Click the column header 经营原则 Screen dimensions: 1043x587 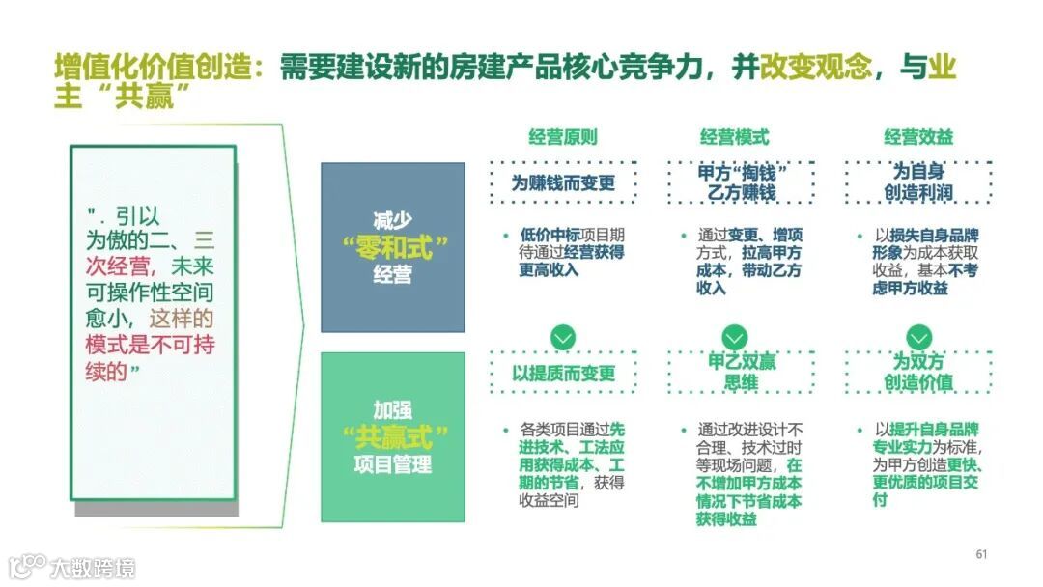(x=562, y=137)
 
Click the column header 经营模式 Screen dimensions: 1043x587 (x=735, y=137)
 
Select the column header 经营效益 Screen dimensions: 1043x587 (x=918, y=137)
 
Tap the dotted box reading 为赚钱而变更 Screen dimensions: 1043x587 (x=563, y=182)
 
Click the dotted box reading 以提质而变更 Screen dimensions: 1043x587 (x=563, y=373)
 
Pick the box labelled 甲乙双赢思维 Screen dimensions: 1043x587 (x=735, y=373)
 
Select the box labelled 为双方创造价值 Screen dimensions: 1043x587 (x=918, y=373)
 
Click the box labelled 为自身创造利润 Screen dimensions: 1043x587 (x=918, y=182)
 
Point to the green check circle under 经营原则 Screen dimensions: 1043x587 (x=562, y=337)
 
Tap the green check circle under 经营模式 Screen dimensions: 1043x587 (x=735, y=337)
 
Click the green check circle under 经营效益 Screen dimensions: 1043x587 (x=918, y=337)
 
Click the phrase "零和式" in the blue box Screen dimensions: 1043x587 (x=394, y=247)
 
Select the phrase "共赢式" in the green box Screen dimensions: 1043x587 (x=394, y=436)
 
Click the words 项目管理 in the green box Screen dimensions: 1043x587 (x=394, y=465)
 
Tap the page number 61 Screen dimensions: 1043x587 (x=981, y=554)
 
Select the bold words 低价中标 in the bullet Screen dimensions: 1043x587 (x=549, y=235)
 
